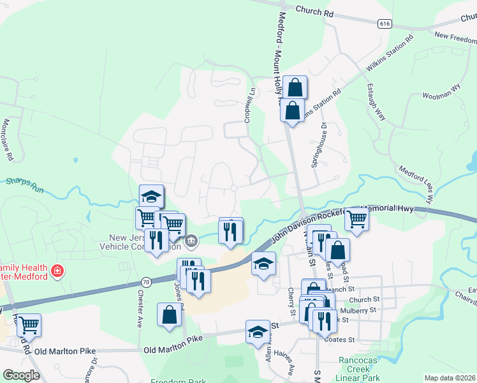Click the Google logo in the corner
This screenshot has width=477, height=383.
[x=22, y=375]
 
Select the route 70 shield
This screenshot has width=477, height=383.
[x=147, y=282]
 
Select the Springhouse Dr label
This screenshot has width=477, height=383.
[x=318, y=145]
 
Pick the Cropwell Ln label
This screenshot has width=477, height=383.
[x=249, y=102]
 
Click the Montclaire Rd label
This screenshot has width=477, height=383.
[x=8, y=139]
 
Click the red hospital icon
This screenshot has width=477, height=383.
[x=57, y=271]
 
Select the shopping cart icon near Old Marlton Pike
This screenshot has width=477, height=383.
[x=28, y=325]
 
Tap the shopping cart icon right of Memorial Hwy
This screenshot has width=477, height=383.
[x=357, y=219]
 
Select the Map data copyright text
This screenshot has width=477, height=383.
[x=450, y=378]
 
